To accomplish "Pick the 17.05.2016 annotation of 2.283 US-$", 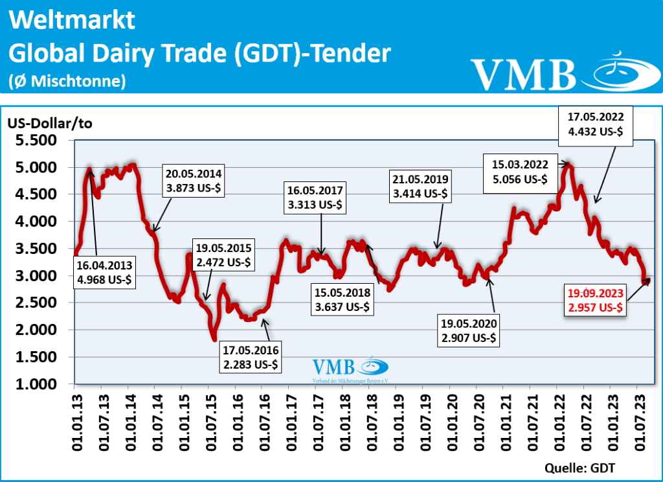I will coord(250,357).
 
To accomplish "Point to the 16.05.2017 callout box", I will coord(317,198).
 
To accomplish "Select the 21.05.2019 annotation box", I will coord(420,187).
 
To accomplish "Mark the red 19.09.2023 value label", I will coord(596,300).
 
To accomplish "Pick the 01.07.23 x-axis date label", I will coord(638,420).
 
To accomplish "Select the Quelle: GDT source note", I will coord(579,468).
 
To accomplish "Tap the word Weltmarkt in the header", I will coord(73,20).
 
